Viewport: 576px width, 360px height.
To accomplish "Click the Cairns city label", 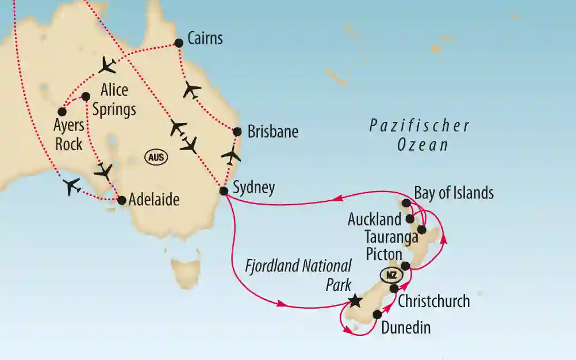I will click(205, 39).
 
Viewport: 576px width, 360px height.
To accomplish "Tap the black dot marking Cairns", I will click(178, 43).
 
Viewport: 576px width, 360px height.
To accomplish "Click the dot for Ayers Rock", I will click(62, 112).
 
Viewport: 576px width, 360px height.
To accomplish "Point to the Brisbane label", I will click(272, 132).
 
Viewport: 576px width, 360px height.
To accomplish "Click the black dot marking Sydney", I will click(224, 190).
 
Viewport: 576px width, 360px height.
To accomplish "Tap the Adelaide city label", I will click(154, 200).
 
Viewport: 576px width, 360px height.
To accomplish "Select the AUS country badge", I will click(156, 157).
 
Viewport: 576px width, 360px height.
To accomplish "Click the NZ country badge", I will click(391, 274).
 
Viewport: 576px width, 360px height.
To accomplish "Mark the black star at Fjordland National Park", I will click(355, 300).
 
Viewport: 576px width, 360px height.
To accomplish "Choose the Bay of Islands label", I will click(453, 193).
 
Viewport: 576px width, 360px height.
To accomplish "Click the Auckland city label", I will click(374, 219).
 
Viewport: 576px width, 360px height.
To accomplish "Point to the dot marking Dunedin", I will click(377, 315).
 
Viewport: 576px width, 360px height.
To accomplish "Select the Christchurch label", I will click(433, 301).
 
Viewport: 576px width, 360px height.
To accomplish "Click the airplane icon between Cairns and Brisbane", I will click(192, 90).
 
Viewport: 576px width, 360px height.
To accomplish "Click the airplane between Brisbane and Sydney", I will click(231, 155).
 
